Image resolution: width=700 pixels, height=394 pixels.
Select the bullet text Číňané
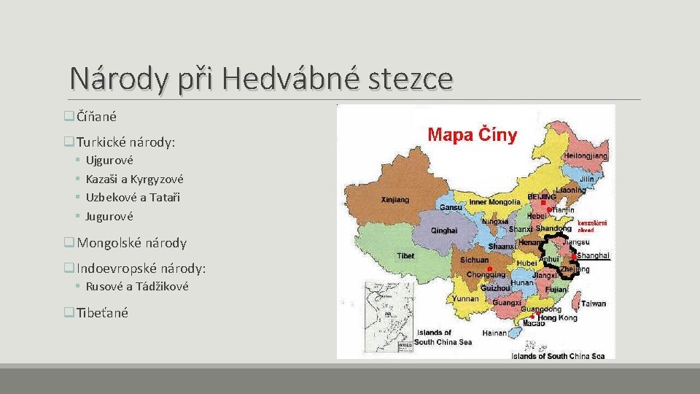click(96, 116)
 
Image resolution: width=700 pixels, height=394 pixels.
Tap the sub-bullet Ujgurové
click(109, 160)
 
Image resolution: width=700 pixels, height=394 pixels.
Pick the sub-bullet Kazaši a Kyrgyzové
click(134, 179)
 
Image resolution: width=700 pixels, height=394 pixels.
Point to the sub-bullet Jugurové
click(109, 217)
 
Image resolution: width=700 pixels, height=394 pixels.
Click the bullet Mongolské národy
click(131, 243)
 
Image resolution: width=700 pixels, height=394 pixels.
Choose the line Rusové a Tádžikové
click(137, 287)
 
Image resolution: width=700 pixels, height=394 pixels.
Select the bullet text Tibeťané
click(102, 313)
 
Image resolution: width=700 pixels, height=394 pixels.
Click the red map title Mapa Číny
click(472, 135)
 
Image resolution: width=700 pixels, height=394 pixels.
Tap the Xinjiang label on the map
click(396, 198)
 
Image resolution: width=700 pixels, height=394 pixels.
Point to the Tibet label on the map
click(405, 256)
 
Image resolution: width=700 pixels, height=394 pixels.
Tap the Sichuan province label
click(475, 260)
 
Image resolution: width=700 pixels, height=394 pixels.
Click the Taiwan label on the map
click(593, 304)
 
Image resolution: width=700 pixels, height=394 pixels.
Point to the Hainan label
click(494, 333)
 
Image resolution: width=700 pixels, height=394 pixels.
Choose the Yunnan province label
click(465, 298)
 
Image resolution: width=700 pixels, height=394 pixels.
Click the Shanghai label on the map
click(593, 255)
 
